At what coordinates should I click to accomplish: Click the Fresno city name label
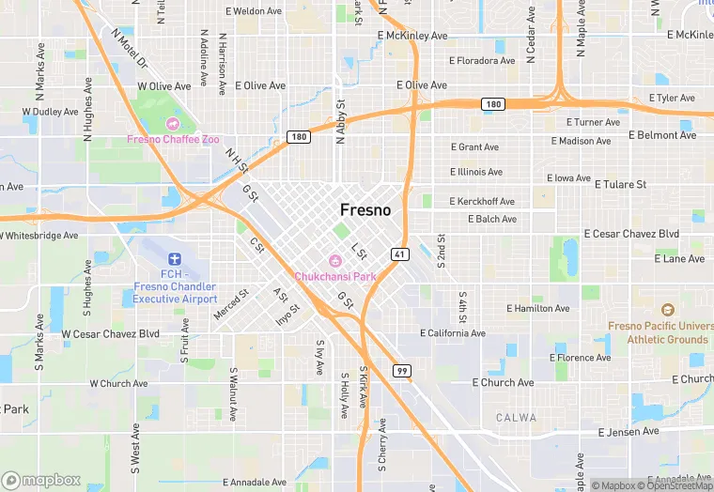pos(365,210)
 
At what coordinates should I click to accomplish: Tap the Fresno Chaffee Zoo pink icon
pos(173,124)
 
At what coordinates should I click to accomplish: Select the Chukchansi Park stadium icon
pos(334,260)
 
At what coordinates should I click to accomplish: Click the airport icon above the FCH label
pos(173,258)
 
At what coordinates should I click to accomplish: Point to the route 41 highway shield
pos(400,254)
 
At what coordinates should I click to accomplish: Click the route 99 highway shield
pos(401,371)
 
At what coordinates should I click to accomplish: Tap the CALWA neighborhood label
pos(517,418)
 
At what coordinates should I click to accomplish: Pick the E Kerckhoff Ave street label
pos(482,202)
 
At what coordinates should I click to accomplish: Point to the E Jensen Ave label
pos(629,432)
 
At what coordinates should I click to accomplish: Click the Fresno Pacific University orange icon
pos(667,310)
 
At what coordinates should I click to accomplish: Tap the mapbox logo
pos(41,480)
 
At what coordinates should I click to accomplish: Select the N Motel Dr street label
pos(130,49)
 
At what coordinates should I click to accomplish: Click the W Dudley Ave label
pos(50,112)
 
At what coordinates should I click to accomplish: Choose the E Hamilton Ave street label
pos(537,308)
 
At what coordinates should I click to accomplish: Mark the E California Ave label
pos(453,333)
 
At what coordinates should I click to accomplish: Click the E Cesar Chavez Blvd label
pos(631,234)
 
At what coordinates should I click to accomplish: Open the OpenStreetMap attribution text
pos(676,485)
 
